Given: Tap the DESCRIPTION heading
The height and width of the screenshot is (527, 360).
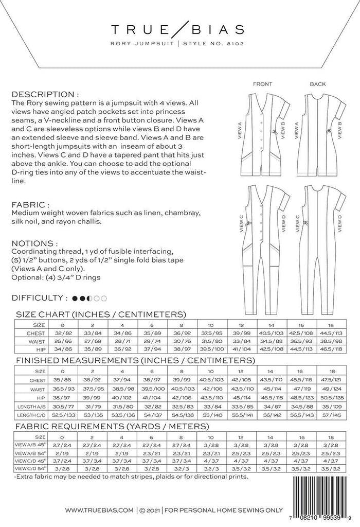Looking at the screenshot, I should coord(45,95).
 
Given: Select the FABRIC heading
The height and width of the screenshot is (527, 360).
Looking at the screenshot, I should coord(30,204).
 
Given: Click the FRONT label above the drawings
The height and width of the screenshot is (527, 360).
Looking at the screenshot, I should coord(262,84).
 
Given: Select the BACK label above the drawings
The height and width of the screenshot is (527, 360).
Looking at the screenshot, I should coord(318,84).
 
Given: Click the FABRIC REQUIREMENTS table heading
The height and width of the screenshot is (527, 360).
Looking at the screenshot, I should coord(112,426).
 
